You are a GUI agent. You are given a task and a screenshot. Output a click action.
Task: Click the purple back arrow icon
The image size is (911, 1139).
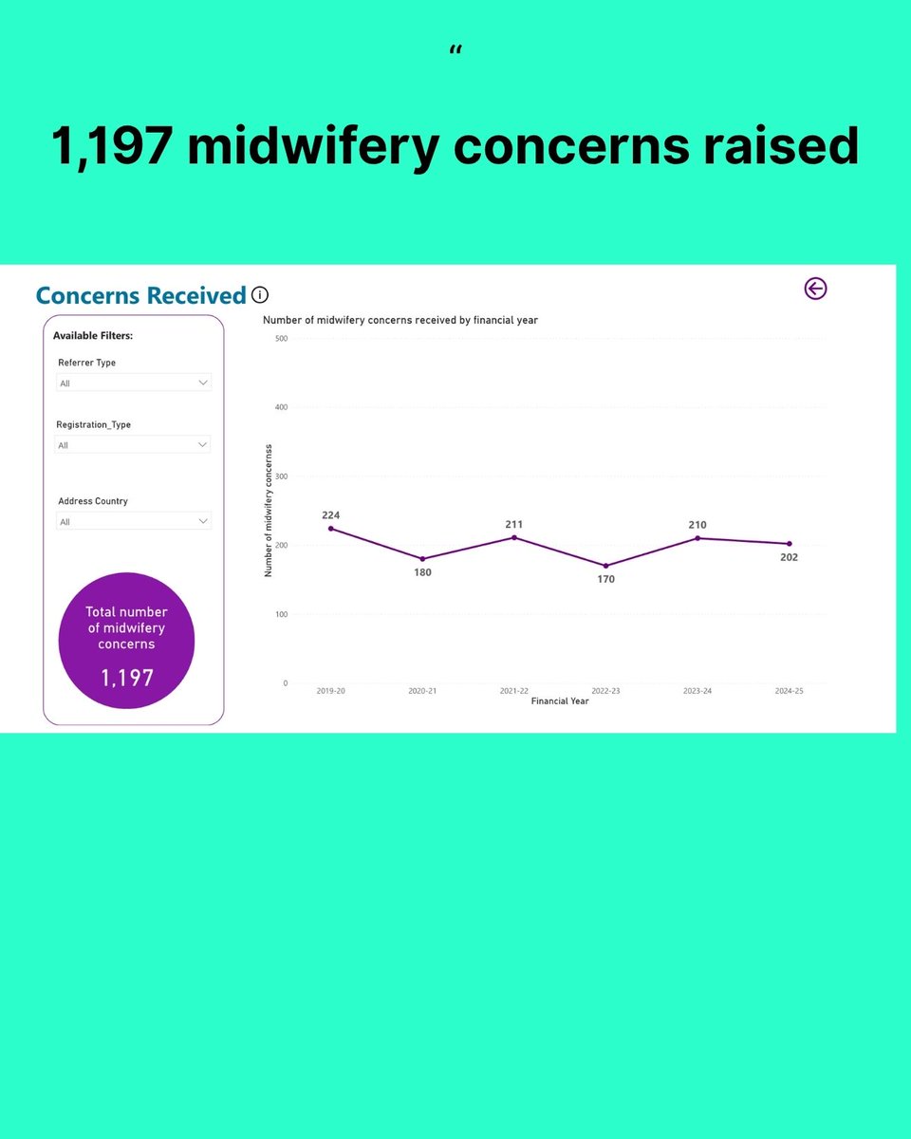click(815, 289)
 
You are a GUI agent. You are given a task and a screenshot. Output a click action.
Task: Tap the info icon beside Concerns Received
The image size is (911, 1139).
click(260, 295)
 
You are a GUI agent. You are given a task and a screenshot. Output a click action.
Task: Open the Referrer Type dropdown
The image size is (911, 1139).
click(133, 383)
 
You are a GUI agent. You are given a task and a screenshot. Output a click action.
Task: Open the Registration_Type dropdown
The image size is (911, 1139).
click(133, 444)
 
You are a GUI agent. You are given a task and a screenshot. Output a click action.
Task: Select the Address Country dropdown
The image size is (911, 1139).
click(133, 521)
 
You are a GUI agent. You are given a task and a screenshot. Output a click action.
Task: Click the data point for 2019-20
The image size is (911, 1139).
click(331, 529)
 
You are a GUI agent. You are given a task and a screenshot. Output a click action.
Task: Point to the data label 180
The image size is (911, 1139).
click(422, 572)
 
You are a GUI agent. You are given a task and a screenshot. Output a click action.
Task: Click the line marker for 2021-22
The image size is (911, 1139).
click(514, 537)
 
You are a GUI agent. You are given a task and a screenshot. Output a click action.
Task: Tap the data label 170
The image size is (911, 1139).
click(606, 579)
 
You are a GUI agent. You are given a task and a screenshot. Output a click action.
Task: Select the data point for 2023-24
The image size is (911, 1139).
click(697, 538)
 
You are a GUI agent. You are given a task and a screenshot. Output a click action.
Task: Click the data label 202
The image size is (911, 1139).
click(789, 557)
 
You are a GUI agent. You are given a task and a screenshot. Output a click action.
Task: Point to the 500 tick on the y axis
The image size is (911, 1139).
click(281, 338)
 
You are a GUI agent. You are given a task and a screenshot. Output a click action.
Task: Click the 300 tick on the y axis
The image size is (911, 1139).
click(281, 476)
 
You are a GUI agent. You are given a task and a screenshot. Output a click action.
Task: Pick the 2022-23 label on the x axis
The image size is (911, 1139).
click(605, 691)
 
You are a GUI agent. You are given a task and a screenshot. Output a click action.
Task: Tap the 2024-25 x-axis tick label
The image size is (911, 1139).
click(789, 691)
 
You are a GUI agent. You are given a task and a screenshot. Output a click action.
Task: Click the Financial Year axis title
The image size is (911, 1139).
click(560, 701)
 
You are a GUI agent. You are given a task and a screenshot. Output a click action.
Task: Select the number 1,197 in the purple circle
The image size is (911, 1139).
click(127, 677)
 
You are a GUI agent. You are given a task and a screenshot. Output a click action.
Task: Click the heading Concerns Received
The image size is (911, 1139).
click(140, 295)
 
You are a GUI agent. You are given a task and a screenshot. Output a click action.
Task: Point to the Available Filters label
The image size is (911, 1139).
click(93, 336)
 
